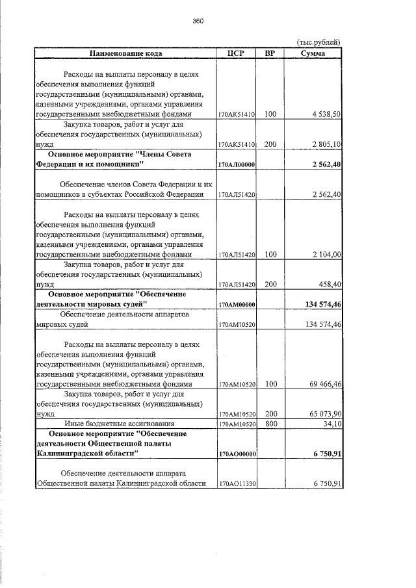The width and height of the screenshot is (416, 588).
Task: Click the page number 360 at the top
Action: pyautogui.click(x=198, y=21)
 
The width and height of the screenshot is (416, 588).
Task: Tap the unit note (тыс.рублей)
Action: pyautogui.click(x=318, y=43)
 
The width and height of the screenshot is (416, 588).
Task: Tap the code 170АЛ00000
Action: pyautogui.click(x=236, y=165)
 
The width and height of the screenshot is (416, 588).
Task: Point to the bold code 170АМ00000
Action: pyautogui.click(x=236, y=305)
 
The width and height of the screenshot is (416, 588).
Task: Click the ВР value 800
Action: pyautogui.click(x=270, y=424)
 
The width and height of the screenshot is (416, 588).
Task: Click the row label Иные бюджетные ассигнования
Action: pyautogui.click(x=125, y=424)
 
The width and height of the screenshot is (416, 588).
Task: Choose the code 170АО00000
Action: pyautogui.click(x=236, y=454)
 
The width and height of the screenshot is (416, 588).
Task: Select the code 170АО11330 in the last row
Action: pyautogui.click(x=236, y=484)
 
